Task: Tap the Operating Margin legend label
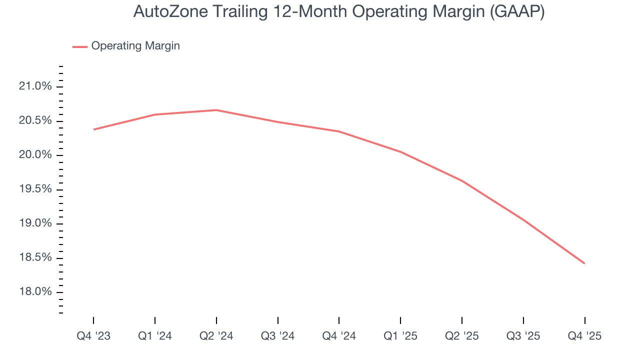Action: pos(135,46)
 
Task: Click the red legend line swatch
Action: pos(80,46)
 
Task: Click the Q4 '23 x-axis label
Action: pos(93,336)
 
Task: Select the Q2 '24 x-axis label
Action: pos(216,336)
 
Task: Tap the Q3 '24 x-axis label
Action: pos(277,336)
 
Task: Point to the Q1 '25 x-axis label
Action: pos(400,336)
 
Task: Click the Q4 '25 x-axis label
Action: pos(584,336)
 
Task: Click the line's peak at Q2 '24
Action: pos(216,110)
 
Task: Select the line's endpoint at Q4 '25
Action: pos(584,263)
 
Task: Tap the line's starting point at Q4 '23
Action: pos(93,129)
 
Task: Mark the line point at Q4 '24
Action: pos(339,131)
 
